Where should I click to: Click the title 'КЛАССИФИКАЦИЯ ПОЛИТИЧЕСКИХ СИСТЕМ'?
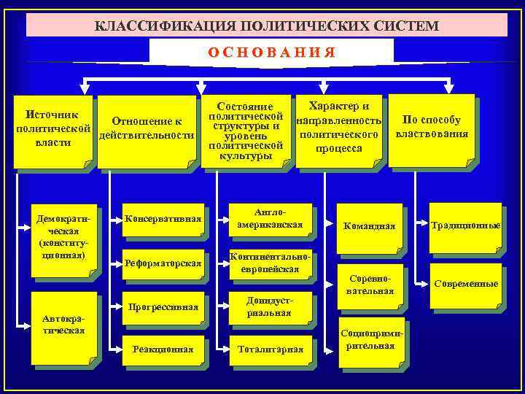267,26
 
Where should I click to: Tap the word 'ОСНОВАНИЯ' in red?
271,52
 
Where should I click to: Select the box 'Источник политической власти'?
52,129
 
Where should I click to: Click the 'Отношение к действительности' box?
146,129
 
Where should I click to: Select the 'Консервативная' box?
163,218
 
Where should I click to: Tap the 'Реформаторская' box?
163,263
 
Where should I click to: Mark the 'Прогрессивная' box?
163,307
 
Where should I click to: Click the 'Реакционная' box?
163,349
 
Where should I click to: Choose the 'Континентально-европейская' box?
270,263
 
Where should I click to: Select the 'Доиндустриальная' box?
270,307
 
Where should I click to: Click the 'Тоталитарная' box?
270,349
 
